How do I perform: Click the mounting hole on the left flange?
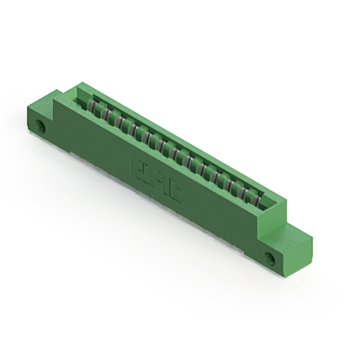click(x=41, y=127)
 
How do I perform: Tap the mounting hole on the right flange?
click(x=270, y=259)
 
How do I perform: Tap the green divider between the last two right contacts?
click(x=251, y=193)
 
